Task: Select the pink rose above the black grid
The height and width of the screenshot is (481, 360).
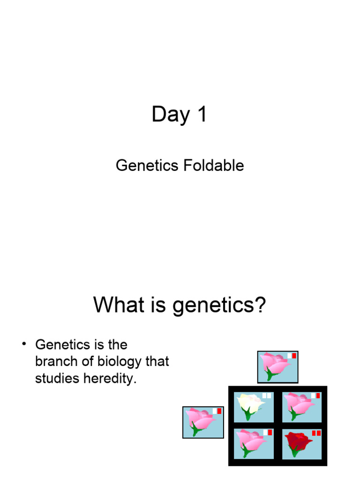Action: [275, 364]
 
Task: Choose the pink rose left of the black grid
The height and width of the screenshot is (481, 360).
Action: [200, 419]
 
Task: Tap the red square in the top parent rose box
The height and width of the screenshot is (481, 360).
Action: [294, 356]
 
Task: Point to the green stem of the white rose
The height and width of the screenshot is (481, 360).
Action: [247, 414]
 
